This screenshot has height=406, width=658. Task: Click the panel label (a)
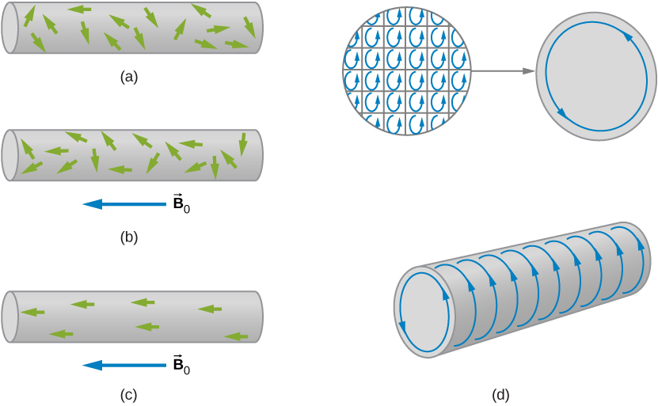click(129, 77)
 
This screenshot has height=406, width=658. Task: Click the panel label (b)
click(129, 237)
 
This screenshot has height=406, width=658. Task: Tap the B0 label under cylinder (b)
click(181, 204)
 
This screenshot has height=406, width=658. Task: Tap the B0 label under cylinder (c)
click(181, 366)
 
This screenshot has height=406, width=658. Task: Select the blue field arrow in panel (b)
click(124, 204)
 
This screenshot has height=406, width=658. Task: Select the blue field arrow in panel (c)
click(124, 366)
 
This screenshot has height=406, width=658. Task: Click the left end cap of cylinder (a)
click(10, 28)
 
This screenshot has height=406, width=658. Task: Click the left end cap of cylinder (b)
click(10, 155)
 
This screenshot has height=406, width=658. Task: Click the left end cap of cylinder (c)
click(10, 317)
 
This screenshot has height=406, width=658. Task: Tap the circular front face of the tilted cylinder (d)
click(424, 312)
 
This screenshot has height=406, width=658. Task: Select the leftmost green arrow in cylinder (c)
click(32, 313)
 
